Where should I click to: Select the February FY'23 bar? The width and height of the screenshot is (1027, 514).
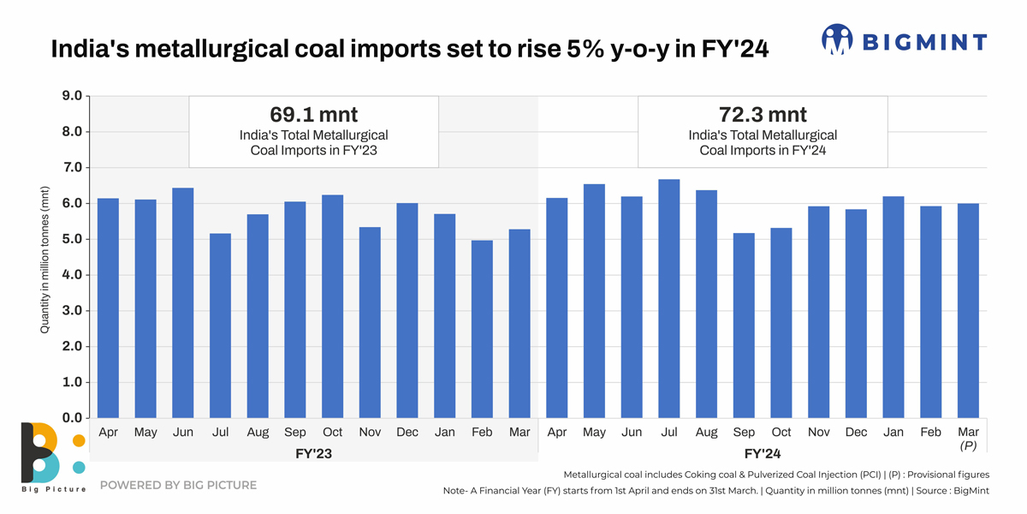click(x=482, y=329)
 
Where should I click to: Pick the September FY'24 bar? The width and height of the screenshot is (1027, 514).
click(x=744, y=326)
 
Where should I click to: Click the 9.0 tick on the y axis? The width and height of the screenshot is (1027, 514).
click(x=71, y=96)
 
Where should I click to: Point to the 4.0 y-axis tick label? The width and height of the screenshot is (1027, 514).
click(x=71, y=275)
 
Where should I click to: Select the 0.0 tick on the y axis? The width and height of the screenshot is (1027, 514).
click(x=71, y=418)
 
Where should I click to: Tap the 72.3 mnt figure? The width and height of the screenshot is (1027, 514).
click(x=763, y=114)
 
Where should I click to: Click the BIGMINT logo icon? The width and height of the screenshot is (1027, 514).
click(x=837, y=39)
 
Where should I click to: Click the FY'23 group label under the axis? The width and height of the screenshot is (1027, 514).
click(x=313, y=453)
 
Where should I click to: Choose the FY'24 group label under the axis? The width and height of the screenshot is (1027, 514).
click(x=763, y=453)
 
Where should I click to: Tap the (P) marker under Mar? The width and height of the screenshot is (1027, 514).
click(x=968, y=446)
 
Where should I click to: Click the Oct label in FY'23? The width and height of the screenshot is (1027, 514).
click(x=332, y=433)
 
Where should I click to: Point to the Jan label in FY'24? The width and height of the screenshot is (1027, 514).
click(x=893, y=433)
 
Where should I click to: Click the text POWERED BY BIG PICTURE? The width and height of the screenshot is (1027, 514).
click(x=178, y=485)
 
